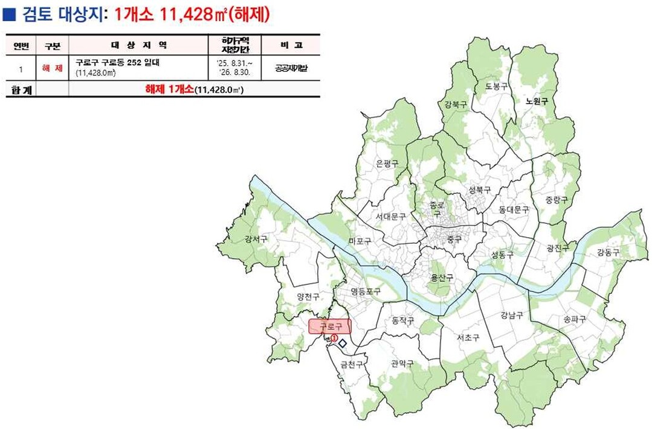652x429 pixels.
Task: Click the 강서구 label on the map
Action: [x=256, y=240]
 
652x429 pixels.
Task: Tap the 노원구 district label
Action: [x=536, y=101]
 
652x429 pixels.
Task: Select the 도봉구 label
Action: [x=496, y=86]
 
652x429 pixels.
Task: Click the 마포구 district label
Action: [x=360, y=241]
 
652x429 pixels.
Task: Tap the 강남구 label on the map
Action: [x=512, y=314]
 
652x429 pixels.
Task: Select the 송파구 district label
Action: [x=574, y=319]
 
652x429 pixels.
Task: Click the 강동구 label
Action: [x=608, y=252]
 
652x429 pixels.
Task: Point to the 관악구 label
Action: [x=402, y=363]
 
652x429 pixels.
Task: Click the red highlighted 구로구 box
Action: [x=329, y=326]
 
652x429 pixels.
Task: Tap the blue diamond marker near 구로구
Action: [x=342, y=343]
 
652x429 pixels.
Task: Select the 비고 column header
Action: [x=291, y=45]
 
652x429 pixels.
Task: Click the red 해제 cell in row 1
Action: [x=53, y=68]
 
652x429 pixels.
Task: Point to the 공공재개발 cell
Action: [x=291, y=68]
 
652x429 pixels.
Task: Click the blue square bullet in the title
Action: [x=10, y=14]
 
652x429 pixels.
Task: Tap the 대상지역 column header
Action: [x=139, y=45]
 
